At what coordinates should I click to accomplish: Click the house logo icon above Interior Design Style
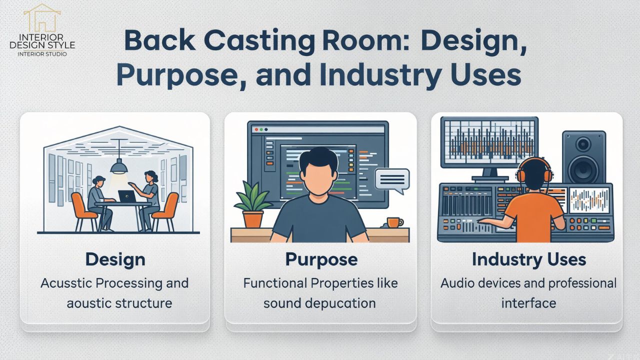click(x=42, y=18)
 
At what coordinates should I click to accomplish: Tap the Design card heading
click(x=115, y=259)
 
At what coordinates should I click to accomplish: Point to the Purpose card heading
click(x=321, y=259)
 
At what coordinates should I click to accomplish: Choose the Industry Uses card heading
click(x=528, y=259)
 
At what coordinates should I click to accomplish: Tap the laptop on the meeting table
click(x=126, y=196)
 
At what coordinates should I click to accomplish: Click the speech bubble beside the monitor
click(x=392, y=179)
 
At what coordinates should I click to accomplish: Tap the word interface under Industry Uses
click(x=528, y=303)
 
